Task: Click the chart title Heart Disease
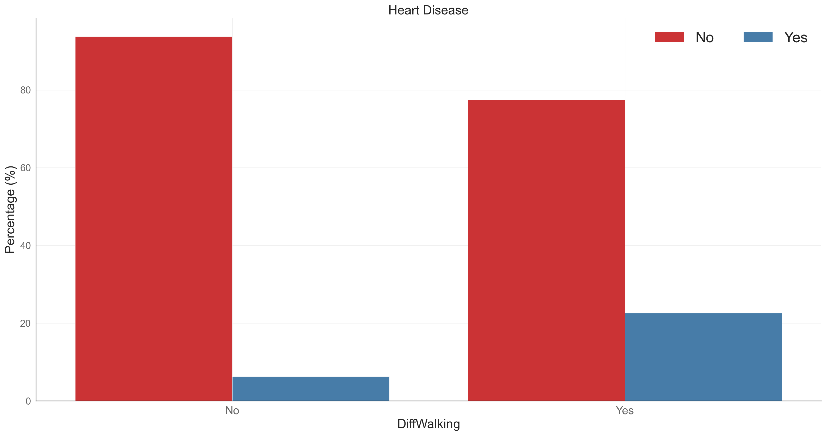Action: tap(428, 10)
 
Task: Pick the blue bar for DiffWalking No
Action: tap(311, 389)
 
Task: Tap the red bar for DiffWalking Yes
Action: tap(546, 250)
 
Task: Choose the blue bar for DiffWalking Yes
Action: tap(703, 357)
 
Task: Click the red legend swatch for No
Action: tap(669, 37)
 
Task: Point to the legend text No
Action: tap(704, 37)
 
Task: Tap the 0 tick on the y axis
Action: tap(28, 401)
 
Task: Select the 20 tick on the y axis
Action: tap(25, 324)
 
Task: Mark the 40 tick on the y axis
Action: tap(25, 246)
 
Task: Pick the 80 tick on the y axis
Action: tap(25, 90)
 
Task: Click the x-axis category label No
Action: tap(232, 411)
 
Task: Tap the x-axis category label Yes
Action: tap(624, 411)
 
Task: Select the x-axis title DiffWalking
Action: tap(428, 424)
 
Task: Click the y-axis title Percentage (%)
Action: tap(10, 210)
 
